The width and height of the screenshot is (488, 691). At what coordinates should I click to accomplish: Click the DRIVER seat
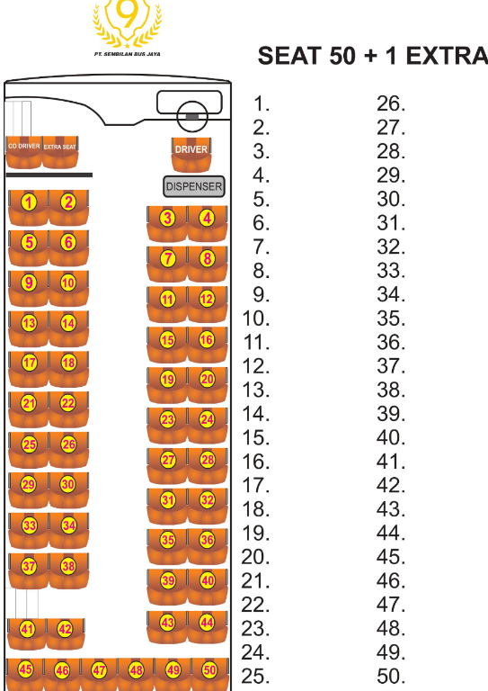point(191,155)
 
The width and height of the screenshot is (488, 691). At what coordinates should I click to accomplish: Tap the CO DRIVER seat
point(23,152)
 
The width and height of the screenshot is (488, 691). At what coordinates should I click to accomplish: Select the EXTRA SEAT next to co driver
point(60,152)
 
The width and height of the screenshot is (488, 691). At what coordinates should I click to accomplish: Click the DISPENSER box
point(193,186)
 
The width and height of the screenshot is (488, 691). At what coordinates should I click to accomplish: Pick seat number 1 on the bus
point(29,208)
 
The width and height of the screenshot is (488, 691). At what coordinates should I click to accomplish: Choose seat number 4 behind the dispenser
point(208,223)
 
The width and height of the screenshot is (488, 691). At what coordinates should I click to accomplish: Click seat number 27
point(167,466)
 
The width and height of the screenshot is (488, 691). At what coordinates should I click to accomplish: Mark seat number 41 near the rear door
point(27,633)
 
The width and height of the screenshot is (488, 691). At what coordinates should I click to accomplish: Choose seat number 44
point(208,627)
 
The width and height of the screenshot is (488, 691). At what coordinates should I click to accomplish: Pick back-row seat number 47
point(99,674)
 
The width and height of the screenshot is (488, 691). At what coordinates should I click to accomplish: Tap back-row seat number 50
point(210,674)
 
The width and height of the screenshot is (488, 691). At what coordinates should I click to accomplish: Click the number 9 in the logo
point(128,14)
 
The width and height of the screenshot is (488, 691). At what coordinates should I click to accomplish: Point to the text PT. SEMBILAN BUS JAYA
point(128,54)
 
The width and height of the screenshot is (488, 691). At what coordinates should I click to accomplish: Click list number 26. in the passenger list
point(391,104)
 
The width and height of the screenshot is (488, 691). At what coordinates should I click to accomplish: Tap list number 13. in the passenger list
point(255,390)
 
